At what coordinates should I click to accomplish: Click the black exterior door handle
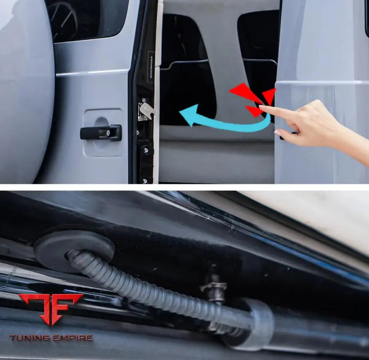pos(101,133)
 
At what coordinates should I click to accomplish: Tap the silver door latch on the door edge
pos(145,110)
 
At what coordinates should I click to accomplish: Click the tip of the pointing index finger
pos(262,108)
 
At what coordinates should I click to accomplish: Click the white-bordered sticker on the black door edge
pos(151,65)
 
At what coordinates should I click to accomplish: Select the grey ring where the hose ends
pos(257,323)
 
